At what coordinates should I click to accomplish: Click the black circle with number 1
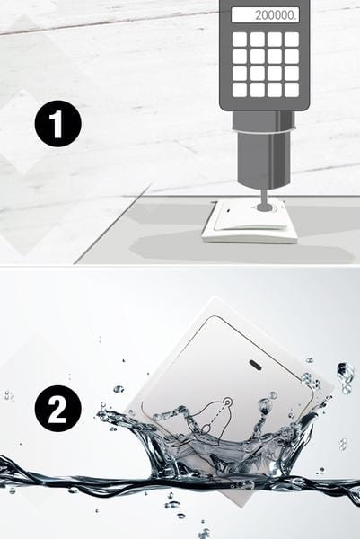[58, 124]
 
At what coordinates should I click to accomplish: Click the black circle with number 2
[58, 409]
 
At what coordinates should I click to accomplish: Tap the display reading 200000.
[265, 15]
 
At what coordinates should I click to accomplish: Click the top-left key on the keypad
[240, 40]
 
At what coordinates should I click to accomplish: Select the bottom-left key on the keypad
[240, 90]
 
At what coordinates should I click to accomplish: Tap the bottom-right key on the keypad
[292, 90]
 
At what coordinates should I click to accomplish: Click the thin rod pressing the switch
[264, 197]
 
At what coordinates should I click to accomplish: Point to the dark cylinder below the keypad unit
[263, 150]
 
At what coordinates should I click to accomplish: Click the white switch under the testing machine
[250, 221]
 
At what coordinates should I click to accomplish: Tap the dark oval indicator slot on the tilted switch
[254, 365]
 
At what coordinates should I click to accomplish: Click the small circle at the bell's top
[227, 402]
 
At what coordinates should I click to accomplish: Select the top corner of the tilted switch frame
[215, 296]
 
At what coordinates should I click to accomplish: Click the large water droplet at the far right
[346, 376]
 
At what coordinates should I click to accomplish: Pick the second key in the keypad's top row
[258, 40]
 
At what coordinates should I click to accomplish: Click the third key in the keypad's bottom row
[275, 90]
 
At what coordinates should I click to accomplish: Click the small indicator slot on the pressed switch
[228, 209]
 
